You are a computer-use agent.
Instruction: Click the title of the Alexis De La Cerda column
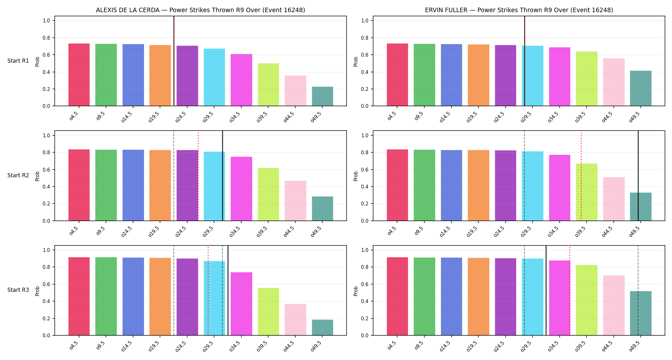(x=200, y=10)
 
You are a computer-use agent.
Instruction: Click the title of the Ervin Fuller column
(x=519, y=10)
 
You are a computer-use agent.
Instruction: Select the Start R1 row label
(x=18, y=61)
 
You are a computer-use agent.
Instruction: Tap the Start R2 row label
(x=18, y=175)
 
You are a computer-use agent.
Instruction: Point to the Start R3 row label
(x=18, y=290)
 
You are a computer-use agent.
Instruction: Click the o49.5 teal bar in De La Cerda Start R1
(x=322, y=96)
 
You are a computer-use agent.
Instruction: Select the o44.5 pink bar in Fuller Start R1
(x=614, y=82)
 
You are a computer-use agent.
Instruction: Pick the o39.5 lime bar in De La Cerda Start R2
(x=268, y=194)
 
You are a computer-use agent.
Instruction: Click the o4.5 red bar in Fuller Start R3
(x=397, y=296)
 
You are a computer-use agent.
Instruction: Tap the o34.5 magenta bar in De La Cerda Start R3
(x=241, y=304)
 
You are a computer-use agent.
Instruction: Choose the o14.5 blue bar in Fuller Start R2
(x=452, y=185)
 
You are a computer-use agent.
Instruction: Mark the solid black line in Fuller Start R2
(x=638, y=176)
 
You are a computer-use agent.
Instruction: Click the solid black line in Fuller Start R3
(x=546, y=290)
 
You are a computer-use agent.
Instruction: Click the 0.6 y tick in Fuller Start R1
(x=365, y=55)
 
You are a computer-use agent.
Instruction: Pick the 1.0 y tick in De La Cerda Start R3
(x=46, y=250)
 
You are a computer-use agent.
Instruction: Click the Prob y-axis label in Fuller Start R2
(x=356, y=176)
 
